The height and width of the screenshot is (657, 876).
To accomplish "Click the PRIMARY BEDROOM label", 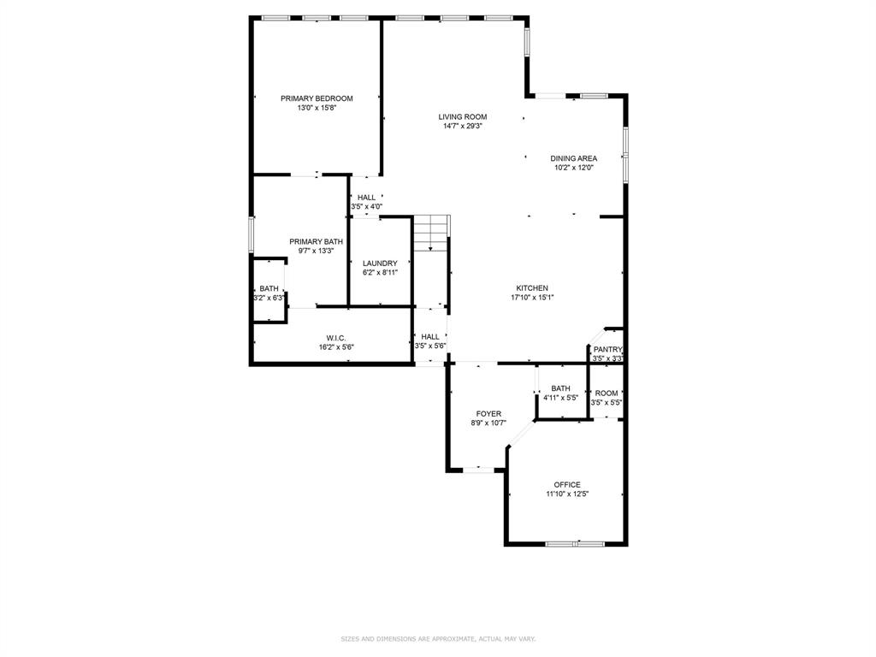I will coord(317,98).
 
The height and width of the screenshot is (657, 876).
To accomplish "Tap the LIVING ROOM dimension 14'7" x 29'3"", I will coord(463,127).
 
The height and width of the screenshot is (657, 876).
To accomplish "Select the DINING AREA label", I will coord(573,158).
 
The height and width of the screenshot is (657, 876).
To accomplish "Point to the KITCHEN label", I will coord(531,288).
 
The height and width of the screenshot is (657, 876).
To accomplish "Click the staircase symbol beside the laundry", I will coord(431,232).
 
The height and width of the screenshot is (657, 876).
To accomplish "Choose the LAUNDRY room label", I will coord(379,263).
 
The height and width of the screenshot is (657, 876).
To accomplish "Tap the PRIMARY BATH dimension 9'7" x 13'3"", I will coord(316,252).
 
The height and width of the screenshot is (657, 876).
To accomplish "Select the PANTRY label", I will coord(607,349).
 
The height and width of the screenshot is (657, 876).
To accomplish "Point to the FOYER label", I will coord(488,414).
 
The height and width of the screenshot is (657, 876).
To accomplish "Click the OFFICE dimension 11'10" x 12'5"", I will coord(567,494).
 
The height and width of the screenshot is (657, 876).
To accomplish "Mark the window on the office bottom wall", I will coord(575,543).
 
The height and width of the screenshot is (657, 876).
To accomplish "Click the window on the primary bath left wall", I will coord(252,234).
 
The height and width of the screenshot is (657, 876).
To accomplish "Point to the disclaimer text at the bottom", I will coord(438,639).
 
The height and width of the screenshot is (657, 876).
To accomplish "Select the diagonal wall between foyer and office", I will coord(521,434).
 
